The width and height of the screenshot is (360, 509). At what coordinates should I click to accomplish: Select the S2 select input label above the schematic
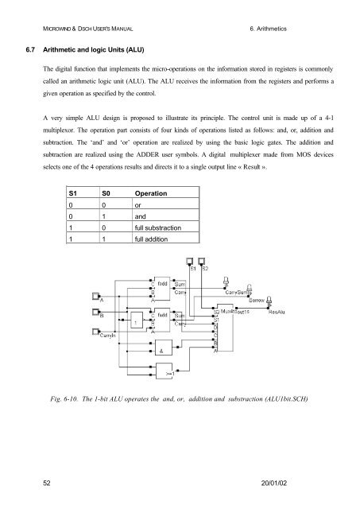click(x=204, y=269)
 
